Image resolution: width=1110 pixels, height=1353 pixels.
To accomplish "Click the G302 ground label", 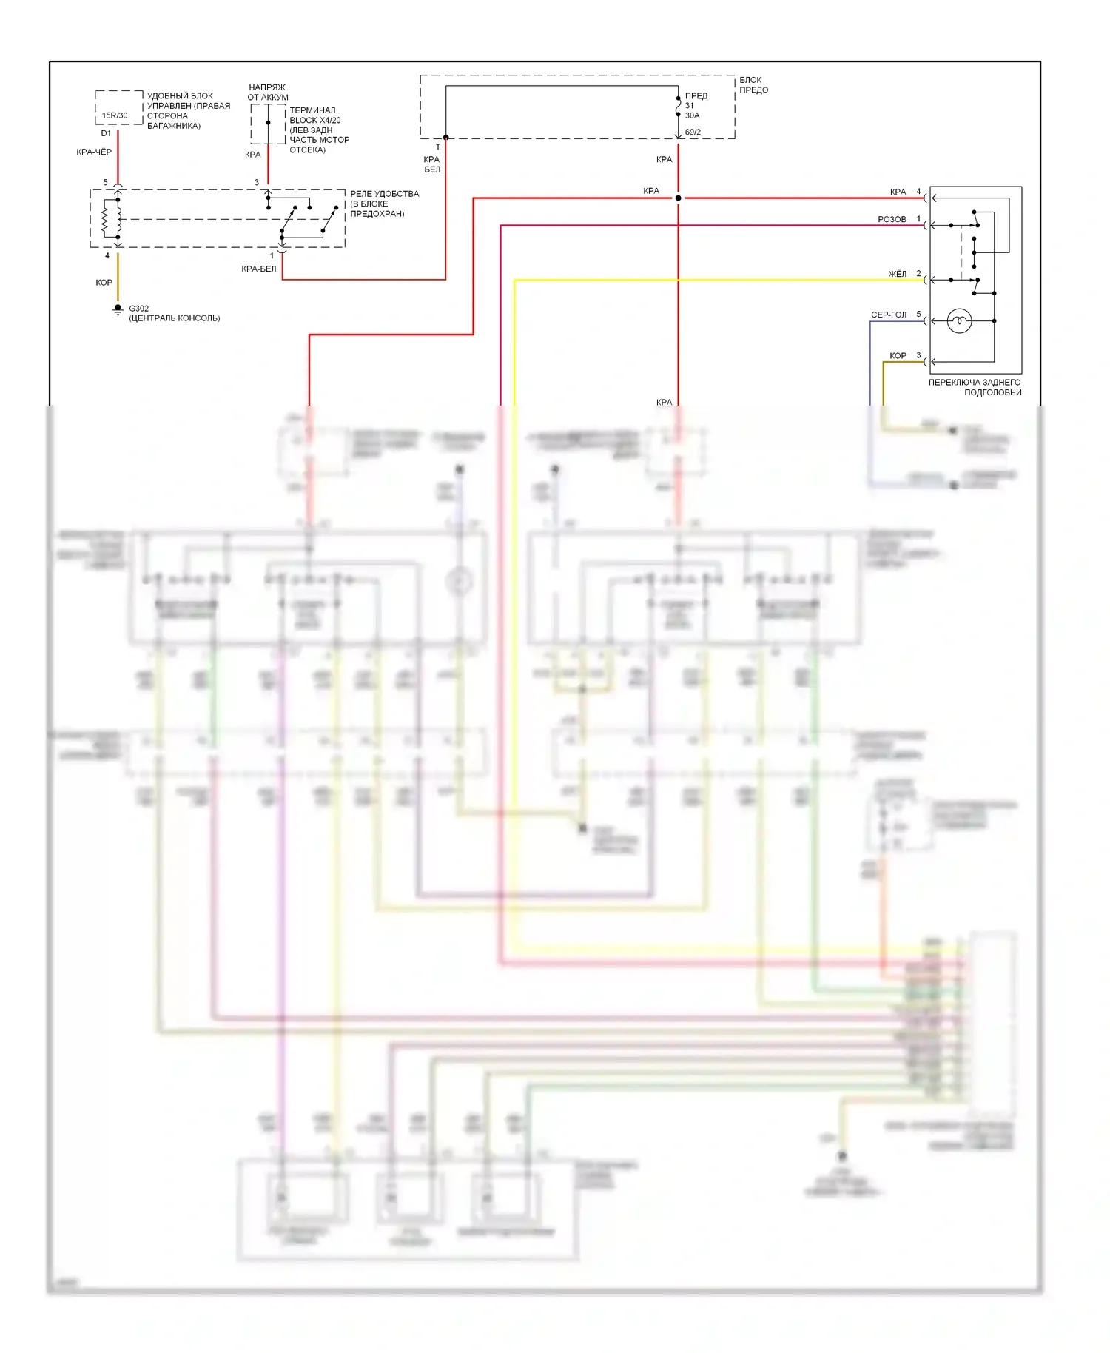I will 138,309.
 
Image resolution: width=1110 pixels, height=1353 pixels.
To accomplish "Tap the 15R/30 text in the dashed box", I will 115,115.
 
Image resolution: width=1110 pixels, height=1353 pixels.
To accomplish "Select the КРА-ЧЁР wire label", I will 94,152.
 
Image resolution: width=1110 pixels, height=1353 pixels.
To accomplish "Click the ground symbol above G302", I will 118,309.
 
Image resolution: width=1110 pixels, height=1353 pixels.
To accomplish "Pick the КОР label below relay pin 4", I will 104,283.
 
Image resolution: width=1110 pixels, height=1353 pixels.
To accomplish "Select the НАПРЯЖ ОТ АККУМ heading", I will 267,93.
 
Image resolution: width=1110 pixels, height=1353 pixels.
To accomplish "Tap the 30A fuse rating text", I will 692,115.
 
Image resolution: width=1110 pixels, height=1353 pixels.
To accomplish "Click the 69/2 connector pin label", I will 693,132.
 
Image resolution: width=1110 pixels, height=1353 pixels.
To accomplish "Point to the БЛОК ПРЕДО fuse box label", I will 753,85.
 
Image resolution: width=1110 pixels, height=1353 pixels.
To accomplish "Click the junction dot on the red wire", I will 678,198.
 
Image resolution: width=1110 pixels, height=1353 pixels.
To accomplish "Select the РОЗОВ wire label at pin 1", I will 892,220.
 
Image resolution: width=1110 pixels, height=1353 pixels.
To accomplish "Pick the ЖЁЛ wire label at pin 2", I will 897,275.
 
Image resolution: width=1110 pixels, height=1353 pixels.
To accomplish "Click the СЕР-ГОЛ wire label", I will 888,315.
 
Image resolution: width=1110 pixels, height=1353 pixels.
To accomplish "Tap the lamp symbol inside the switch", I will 959,320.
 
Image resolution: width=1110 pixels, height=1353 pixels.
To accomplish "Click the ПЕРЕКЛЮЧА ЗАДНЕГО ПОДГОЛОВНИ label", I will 975,387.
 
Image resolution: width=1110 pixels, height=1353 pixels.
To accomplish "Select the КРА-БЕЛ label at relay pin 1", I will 258,269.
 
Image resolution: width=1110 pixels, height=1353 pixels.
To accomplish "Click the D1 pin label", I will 106,134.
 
